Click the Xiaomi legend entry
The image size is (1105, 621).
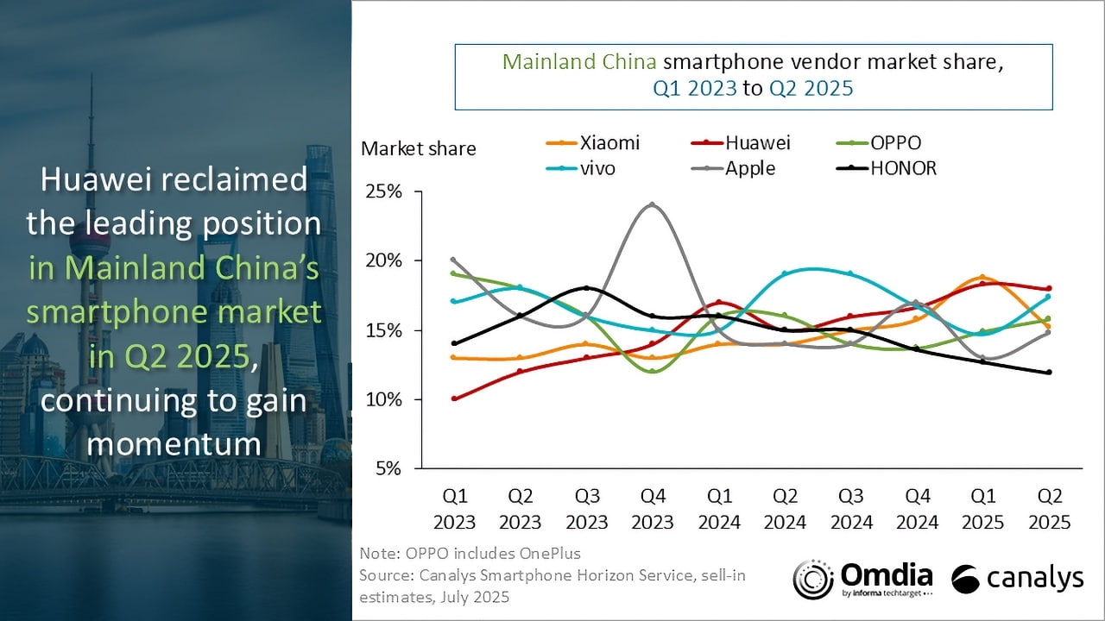tap(592, 143)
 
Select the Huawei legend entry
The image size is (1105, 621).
tap(741, 143)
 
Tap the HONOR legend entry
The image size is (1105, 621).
tap(887, 168)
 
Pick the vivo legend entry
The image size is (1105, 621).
tap(581, 168)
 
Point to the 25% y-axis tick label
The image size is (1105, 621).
tap(383, 191)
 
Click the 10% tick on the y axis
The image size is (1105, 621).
tap(383, 399)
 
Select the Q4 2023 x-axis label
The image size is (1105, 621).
tap(653, 509)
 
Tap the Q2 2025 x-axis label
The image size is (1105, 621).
tap(1049, 509)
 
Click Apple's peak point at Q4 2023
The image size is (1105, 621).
tap(652, 204)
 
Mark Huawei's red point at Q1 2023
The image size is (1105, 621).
tap(454, 398)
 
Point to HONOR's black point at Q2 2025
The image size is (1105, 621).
tap(1049, 372)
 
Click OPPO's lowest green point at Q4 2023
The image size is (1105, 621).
tap(652, 371)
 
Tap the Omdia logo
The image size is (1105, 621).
tap(862, 580)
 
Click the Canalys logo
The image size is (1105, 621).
tap(1017, 579)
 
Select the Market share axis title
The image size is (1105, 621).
tap(419, 148)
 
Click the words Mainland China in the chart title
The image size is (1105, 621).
tap(579, 61)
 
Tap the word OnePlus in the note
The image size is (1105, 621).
tap(550, 554)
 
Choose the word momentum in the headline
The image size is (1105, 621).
tap(174, 443)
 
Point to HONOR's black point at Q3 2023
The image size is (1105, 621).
tap(586, 288)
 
